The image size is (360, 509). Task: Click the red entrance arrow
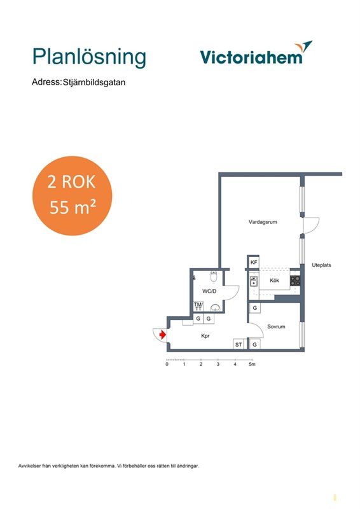[x=163, y=335]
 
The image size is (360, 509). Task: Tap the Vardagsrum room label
[x=263, y=222]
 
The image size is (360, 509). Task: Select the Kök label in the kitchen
[x=274, y=280]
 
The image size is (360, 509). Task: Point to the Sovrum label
[x=276, y=326]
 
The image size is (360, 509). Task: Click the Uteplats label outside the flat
[x=321, y=265]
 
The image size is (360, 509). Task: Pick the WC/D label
[x=209, y=291]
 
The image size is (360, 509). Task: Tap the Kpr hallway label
[x=205, y=336]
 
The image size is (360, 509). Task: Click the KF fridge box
[x=254, y=262]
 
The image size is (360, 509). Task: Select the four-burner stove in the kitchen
[x=295, y=281]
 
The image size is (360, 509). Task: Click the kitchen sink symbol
[x=254, y=281]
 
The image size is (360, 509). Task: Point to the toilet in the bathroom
[x=214, y=277]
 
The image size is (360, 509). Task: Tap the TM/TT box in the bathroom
[x=198, y=306]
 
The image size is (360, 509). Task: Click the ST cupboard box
[x=239, y=344]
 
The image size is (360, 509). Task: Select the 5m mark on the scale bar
[x=252, y=364]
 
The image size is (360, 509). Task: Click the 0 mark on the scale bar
[x=167, y=364]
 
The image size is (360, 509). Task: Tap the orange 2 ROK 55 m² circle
[x=72, y=196]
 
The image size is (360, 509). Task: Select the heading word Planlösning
[x=89, y=57]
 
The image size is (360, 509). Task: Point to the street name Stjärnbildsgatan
[x=94, y=82]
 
